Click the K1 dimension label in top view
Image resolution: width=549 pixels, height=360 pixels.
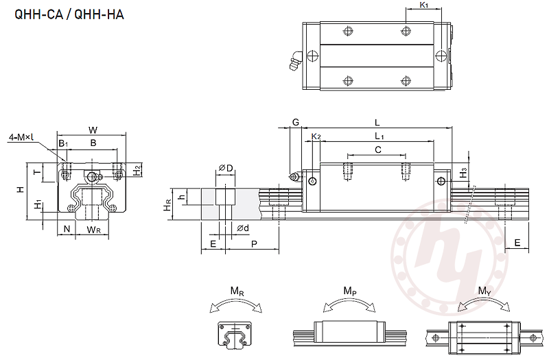(423, 5)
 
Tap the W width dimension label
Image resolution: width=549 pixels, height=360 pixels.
(93, 130)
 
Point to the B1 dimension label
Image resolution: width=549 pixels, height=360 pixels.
(62, 143)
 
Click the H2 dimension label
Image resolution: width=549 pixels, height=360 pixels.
(137, 169)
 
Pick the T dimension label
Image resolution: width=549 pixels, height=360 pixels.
(36, 171)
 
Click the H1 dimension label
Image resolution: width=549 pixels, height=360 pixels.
(37, 206)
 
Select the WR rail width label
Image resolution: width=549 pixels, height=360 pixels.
(94, 229)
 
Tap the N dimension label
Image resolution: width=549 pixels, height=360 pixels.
(67, 228)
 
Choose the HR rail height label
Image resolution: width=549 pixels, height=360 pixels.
(167, 206)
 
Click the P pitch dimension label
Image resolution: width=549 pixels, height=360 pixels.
(254, 243)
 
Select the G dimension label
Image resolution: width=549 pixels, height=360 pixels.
(296, 122)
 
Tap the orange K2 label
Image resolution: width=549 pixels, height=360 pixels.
(316, 136)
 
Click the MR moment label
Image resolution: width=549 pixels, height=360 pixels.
(237, 291)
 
